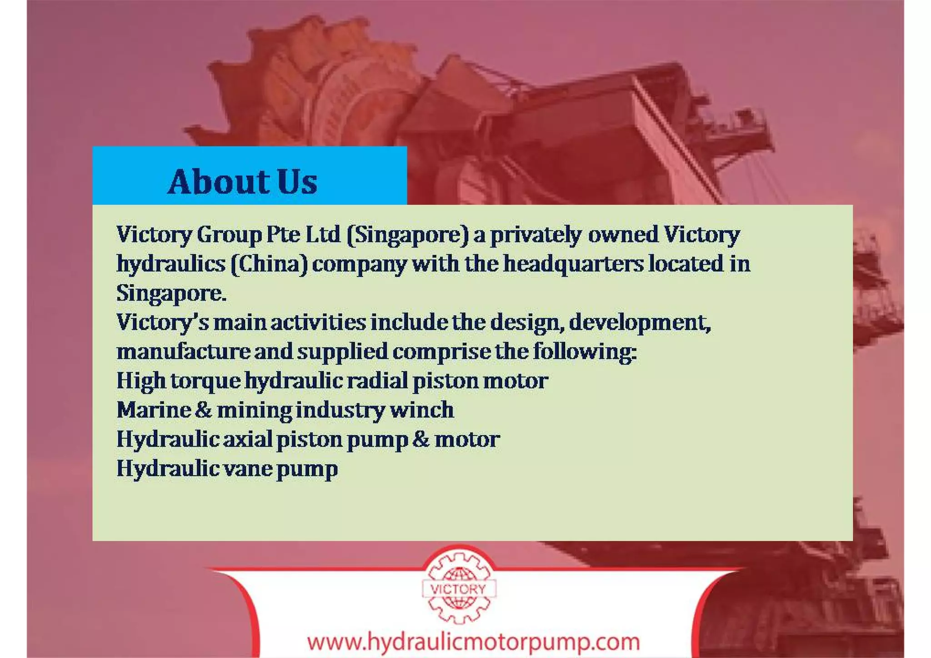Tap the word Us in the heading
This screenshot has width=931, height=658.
click(x=296, y=181)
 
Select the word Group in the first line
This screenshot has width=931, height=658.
click(x=229, y=235)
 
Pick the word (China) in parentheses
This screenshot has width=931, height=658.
click(x=269, y=264)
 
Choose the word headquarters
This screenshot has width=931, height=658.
click(x=573, y=264)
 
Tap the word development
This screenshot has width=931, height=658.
click(x=640, y=322)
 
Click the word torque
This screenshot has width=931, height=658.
click(x=205, y=381)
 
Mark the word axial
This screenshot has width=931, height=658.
click(x=247, y=439)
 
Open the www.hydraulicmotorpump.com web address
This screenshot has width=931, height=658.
click(x=473, y=642)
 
